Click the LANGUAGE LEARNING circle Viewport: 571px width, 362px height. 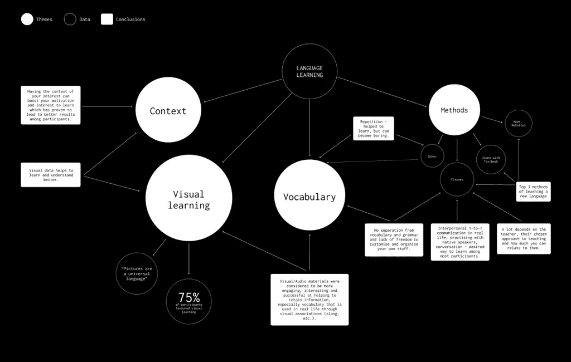(x=309, y=71)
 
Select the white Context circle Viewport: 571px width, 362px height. (x=168, y=110)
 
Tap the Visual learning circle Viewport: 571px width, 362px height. (x=188, y=198)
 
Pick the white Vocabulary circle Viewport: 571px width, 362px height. (x=309, y=196)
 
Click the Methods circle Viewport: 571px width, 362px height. (x=454, y=110)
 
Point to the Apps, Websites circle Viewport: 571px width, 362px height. (x=519, y=124)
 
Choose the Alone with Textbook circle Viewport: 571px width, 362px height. (x=491, y=159)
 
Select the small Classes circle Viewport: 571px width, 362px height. (x=457, y=179)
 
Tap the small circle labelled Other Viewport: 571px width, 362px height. (x=432, y=156)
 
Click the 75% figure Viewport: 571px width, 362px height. (x=189, y=298)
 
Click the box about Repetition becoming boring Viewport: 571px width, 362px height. (x=374, y=128)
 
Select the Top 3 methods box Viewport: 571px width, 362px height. (x=533, y=191)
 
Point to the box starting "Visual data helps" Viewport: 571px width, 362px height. (x=51, y=174)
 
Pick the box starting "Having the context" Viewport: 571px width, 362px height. (x=51, y=105)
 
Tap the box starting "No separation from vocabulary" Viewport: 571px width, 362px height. (x=394, y=240)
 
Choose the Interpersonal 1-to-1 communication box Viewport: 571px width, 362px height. (x=460, y=242)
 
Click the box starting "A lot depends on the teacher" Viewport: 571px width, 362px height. (x=524, y=239)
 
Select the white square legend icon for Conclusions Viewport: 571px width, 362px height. (x=107, y=19)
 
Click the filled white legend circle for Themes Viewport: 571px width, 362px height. (x=27, y=19)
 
